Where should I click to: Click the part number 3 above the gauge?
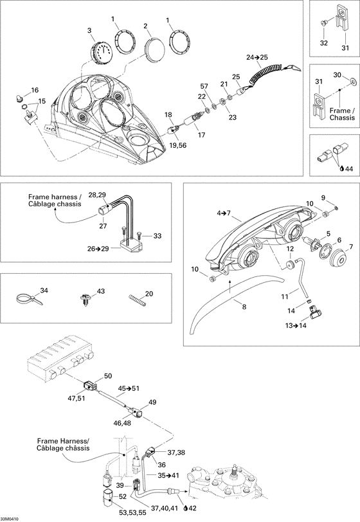(x=90, y=30)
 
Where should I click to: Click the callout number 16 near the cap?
(x=34, y=90)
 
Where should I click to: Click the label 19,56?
(x=179, y=129)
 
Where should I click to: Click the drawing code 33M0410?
(x=10, y=518)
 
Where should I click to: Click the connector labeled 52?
(x=107, y=495)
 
